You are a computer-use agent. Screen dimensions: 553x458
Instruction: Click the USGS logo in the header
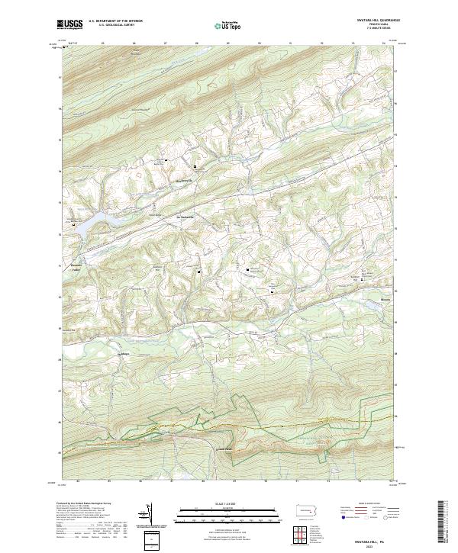(x=70, y=24)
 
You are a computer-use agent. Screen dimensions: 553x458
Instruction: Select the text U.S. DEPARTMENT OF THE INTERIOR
(x=115, y=21)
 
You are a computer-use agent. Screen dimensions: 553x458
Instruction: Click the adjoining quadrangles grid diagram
(x=305, y=534)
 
